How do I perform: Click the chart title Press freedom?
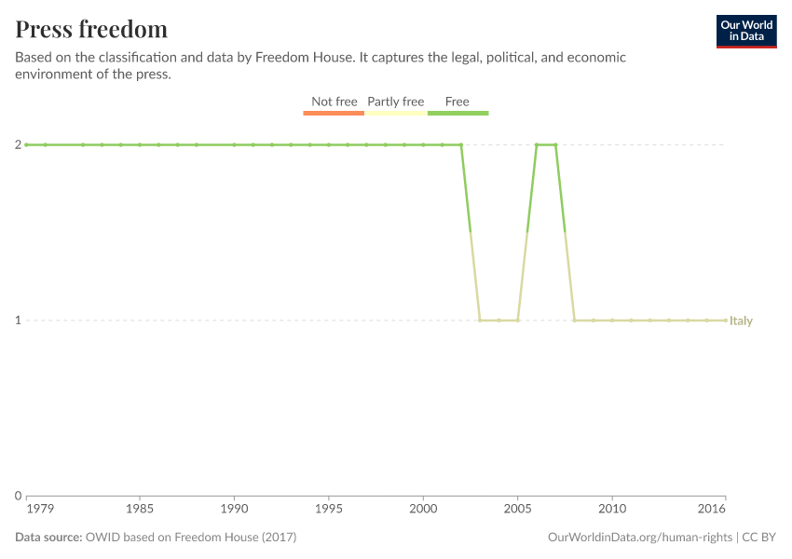coord(91,29)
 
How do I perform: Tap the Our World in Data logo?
coord(745,31)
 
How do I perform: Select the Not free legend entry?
coord(334,102)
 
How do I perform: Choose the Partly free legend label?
coord(396,102)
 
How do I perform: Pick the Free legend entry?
coord(457,102)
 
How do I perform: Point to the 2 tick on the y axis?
coord(18,144)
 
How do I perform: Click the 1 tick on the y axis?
coord(18,320)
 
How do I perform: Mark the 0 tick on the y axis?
coord(18,496)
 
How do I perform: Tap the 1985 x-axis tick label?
coord(140,510)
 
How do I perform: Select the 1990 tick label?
coord(234,510)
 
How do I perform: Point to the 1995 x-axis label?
coord(329,510)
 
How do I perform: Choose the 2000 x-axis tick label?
coord(423,510)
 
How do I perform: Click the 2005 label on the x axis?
coord(518,510)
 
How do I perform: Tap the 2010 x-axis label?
coord(612,510)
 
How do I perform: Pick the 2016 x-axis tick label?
coord(712,510)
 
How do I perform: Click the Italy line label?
coord(742,320)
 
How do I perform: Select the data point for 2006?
coord(537,144)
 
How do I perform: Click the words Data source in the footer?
coord(48,538)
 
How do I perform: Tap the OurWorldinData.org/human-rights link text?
coord(639,538)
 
